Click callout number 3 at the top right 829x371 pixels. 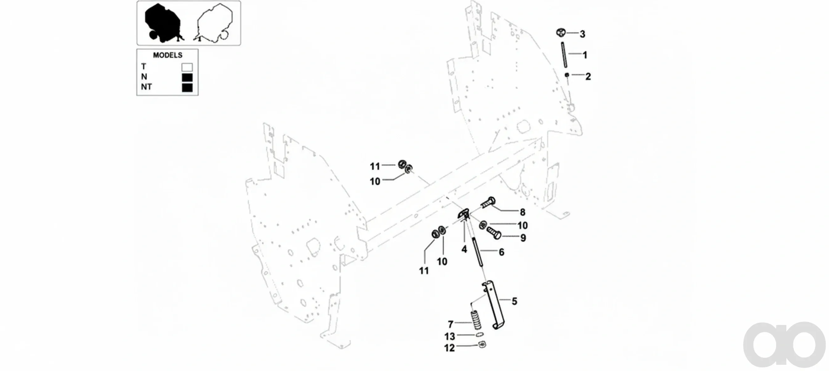(582, 34)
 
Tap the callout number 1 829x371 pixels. (585, 55)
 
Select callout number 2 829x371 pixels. (588, 77)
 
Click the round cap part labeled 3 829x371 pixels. (561, 32)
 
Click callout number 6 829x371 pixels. (501, 252)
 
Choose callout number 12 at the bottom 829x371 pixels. (449, 348)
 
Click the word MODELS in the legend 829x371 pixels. (168, 55)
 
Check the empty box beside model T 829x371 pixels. (187, 67)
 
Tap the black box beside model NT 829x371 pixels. (187, 87)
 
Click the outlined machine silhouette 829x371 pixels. (214, 23)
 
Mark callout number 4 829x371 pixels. (464, 249)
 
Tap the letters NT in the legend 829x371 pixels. (147, 87)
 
